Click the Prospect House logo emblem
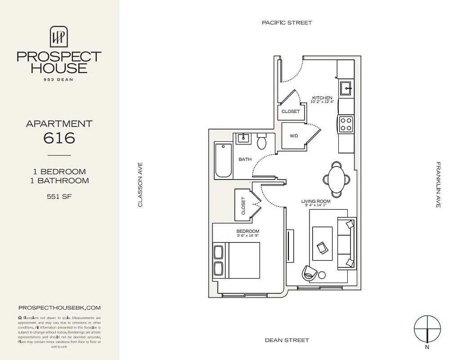click(x=58, y=36)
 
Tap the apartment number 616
click(x=59, y=138)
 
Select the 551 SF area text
click(x=59, y=196)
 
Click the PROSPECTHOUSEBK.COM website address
click(x=59, y=308)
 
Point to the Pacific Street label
click(x=287, y=22)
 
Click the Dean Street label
click(x=287, y=340)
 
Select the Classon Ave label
click(x=140, y=184)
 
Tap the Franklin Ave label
click(x=438, y=184)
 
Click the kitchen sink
click(x=345, y=88)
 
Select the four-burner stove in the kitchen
click(x=345, y=124)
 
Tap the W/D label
click(x=293, y=135)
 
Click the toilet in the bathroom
click(x=261, y=142)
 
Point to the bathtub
click(x=224, y=160)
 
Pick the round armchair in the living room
click(x=310, y=272)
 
